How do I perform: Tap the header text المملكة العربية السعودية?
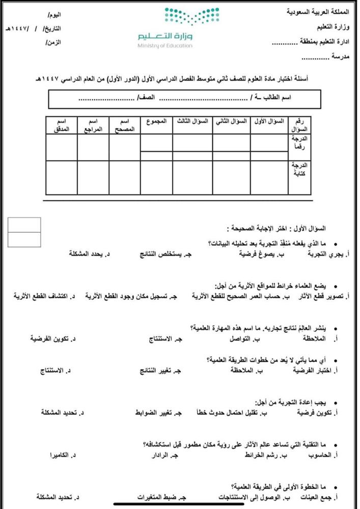323,11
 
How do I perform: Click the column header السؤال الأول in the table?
268,122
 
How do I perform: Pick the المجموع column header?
155,122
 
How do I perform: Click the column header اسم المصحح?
124,126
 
